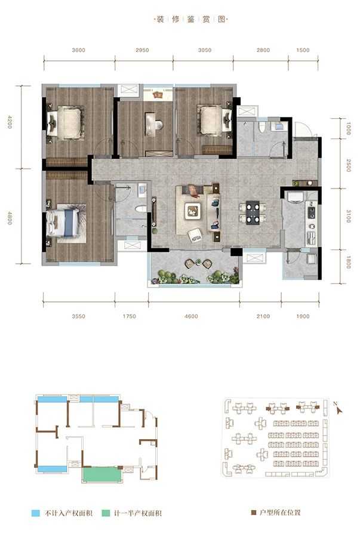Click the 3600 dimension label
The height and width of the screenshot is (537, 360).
click(x=78, y=50)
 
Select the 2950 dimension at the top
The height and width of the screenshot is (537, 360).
click(x=142, y=50)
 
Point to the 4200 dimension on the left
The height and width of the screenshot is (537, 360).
click(x=10, y=126)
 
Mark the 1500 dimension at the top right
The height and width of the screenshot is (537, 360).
click(x=303, y=50)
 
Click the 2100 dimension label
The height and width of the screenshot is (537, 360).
click(x=263, y=316)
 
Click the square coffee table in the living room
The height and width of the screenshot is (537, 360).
click(x=193, y=209)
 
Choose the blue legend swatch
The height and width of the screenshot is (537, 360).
click(x=36, y=513)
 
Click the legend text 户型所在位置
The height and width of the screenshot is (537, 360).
click(x=283, y=513)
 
